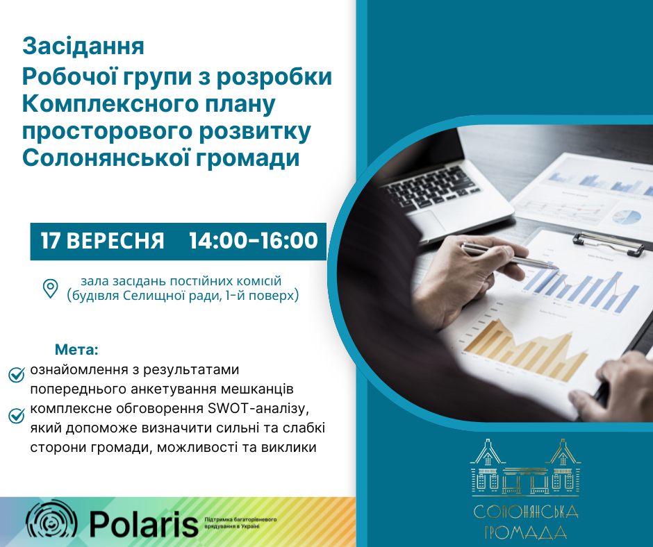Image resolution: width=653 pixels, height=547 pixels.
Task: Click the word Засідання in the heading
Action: pos(83,47)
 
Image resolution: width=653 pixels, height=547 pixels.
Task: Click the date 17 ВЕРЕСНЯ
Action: pos(102,241)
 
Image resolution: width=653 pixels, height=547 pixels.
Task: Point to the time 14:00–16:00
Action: pos(254,241)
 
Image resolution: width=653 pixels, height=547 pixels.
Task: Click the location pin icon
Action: pos(51,289)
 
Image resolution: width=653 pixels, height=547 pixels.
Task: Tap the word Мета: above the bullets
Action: pos(76,350)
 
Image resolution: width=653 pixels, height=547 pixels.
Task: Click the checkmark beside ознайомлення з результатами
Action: pos(17,375)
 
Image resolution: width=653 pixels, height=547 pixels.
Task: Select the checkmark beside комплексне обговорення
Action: pos(17,415)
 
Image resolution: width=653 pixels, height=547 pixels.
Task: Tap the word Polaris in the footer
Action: pos(144,523)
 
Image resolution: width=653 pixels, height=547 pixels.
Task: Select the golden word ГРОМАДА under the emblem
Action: pos(527,532)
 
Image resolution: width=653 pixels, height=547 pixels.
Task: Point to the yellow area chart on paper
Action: pos(526,351)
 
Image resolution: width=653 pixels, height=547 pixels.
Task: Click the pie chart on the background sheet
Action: pos(627,217)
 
